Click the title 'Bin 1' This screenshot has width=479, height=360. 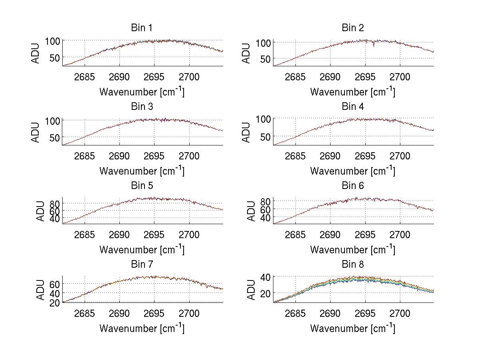click(141, 28)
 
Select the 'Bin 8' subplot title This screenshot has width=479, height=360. click(352, 265)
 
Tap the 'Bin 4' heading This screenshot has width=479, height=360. click(352, 107)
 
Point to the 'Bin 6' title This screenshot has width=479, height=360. click(352, 186)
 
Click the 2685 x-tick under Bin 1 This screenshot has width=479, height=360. click(85, 77)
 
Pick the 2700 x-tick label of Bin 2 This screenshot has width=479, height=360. click(400, 77)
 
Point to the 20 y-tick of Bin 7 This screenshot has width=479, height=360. click(55, 302)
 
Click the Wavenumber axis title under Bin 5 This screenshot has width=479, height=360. click(142, 250)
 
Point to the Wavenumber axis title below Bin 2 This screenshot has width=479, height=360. click(352, 92)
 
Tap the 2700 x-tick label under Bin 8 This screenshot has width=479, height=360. click(400, 313)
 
